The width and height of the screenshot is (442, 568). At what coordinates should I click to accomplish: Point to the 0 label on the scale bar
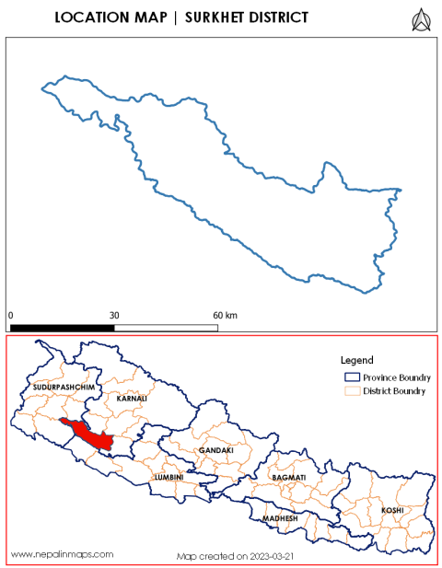[10, 316]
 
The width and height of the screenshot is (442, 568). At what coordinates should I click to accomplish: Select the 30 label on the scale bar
[114, 316]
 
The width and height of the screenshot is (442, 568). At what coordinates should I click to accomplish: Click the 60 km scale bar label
[225, 316]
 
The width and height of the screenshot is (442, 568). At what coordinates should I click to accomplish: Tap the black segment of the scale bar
[62, 327]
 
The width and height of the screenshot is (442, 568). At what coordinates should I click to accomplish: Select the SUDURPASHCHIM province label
[63, 388]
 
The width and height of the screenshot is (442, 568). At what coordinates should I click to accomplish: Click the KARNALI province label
[132, 400]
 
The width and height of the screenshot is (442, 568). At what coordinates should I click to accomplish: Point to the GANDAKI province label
[215, 450]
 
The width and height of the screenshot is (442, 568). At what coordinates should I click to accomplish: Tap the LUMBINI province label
[170, 478]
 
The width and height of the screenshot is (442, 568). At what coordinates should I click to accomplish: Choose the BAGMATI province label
[289, 480]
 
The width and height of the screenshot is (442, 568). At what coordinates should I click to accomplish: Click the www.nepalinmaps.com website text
[62, 554]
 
